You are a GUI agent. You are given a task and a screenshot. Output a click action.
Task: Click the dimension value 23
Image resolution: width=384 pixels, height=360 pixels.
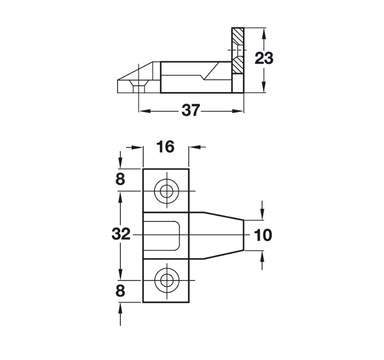click(264, 59)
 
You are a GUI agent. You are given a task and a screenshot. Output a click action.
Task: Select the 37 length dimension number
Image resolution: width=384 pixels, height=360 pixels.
click(191, 110)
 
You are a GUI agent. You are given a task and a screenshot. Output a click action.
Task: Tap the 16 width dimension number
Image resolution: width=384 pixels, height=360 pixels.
click(166, 147)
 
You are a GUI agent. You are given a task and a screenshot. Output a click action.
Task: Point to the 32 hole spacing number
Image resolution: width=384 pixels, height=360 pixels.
click(120, 234)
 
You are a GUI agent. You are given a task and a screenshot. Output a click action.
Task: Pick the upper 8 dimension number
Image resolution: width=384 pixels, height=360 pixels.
click(120, 180)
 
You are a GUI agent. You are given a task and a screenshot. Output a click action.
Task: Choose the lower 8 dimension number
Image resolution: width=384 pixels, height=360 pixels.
click(120, 291)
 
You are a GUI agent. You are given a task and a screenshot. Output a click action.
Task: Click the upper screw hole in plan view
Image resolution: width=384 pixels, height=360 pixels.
click(167, 191)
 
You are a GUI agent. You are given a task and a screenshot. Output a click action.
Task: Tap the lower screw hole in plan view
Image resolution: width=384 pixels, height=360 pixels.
click(167, 279)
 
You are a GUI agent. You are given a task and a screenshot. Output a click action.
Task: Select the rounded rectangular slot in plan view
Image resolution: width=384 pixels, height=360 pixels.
click(163, 235)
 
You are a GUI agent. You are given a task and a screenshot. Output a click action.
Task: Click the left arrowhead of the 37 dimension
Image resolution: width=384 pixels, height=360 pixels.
click(143, 111)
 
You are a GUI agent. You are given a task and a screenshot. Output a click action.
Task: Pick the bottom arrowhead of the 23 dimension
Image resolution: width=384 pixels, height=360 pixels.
click(263, 88)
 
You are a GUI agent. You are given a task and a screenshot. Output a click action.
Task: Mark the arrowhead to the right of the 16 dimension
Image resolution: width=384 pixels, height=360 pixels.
click(194, 147)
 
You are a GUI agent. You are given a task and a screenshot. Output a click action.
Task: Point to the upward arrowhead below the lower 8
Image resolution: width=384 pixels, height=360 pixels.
click(120, 307)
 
